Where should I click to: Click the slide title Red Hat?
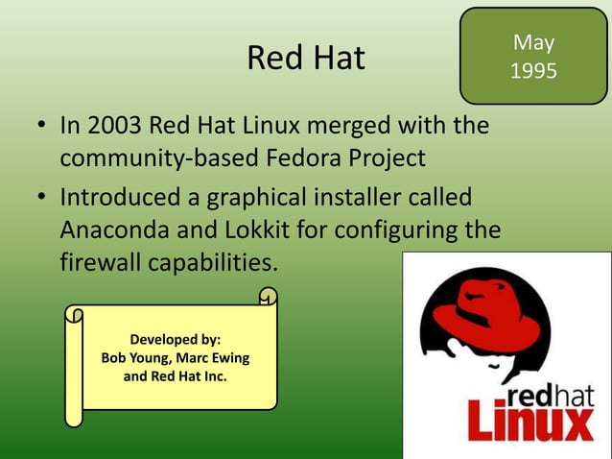306,58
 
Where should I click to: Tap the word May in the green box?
533,42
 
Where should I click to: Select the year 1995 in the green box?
533,72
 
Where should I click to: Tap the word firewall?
100,263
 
